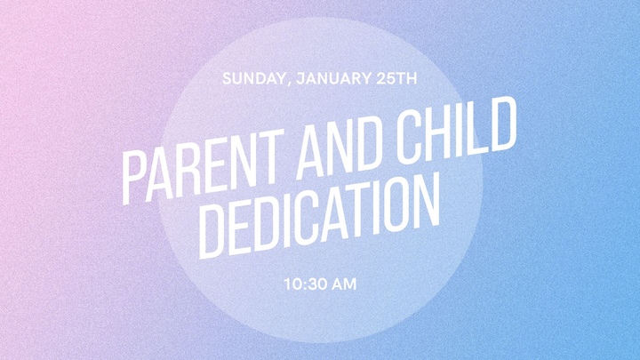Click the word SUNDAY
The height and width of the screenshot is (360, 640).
point(253,78)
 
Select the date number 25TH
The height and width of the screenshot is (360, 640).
point(396,78)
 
